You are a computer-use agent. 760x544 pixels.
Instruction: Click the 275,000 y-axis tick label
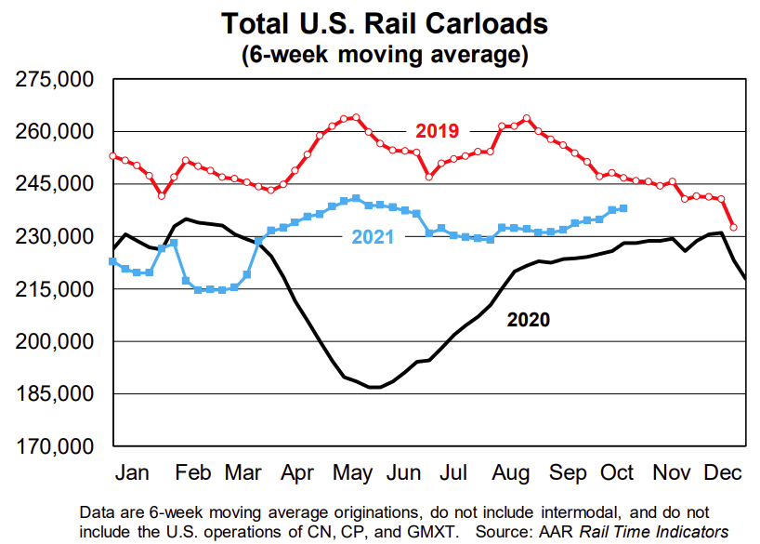(57, 80)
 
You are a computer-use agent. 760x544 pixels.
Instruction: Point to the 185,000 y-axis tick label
(57, 394)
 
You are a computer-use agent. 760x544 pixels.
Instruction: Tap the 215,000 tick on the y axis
(57, 289)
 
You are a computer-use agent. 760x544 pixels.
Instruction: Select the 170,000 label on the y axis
(57, 447)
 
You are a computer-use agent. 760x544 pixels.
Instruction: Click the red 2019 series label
(437, 131)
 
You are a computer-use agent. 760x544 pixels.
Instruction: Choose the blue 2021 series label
(373, 237)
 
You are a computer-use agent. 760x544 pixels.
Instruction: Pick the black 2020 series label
(528, 321)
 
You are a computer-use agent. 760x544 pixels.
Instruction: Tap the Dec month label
(720, 473)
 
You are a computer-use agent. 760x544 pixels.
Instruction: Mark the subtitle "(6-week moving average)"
(386, 55)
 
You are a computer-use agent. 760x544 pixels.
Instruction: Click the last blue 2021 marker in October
(622, 208)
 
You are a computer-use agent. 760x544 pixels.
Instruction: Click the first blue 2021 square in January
(113, 261)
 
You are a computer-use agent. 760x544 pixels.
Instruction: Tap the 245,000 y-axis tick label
(57, 184)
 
